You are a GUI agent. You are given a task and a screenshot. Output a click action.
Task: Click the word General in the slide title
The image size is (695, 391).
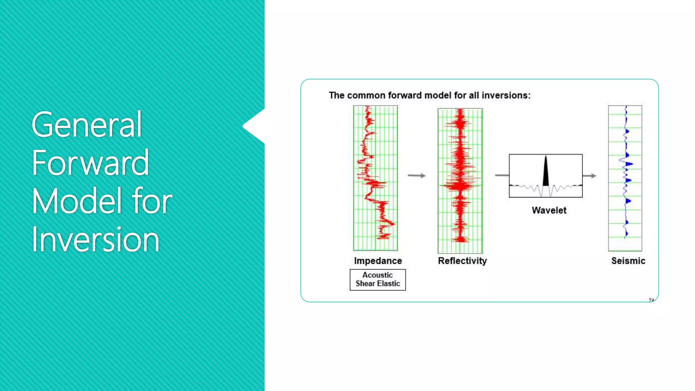tap(87, 125)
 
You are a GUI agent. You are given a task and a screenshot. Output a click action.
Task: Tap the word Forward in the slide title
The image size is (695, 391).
tap(90, 163)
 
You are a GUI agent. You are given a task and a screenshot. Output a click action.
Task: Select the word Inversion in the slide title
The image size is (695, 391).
tap(95, 240)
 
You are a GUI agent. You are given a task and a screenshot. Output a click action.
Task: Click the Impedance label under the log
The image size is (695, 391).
tap(378, 261)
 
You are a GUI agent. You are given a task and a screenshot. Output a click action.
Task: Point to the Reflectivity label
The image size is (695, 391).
tap(462, 261)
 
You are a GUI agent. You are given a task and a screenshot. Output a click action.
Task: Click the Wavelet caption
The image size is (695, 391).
tap(549, 210)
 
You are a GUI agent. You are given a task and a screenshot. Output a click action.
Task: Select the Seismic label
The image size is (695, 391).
tap(628, 261)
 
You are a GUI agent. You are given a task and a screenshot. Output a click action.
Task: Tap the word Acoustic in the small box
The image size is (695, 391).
tap(377, 275)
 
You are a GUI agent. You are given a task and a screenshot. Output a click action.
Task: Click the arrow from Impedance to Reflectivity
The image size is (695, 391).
tap(416, 175)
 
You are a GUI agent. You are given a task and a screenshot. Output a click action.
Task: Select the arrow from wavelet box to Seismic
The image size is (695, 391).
tap(589, 176)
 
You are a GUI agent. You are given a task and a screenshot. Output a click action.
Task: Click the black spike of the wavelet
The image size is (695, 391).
tap(546, 173)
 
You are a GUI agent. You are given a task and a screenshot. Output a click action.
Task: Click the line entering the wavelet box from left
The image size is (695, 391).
tap(502, 175)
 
